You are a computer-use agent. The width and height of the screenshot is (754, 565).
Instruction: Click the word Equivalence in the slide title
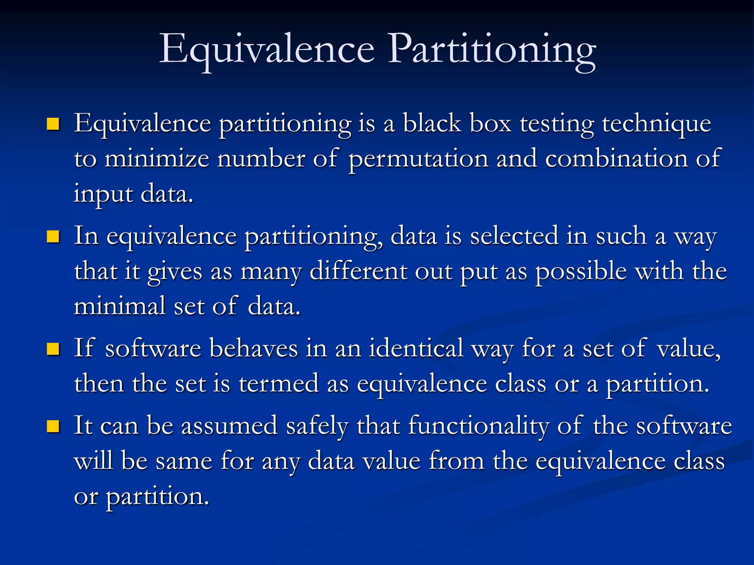(267, 50)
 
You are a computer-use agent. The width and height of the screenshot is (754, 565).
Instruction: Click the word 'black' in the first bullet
(432, 123)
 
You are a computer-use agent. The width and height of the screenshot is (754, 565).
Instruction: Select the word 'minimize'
(157, 159)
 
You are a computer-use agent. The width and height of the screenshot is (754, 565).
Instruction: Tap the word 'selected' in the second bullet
(514, 236)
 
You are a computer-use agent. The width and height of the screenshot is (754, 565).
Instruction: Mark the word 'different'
(358, 271)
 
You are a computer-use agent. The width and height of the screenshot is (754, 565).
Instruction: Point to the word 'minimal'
(120, 306)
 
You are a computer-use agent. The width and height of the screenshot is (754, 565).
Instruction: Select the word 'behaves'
(253, 348)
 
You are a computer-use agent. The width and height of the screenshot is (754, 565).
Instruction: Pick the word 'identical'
(416, 348)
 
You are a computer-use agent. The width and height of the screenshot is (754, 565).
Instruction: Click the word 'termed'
(279, 383)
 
